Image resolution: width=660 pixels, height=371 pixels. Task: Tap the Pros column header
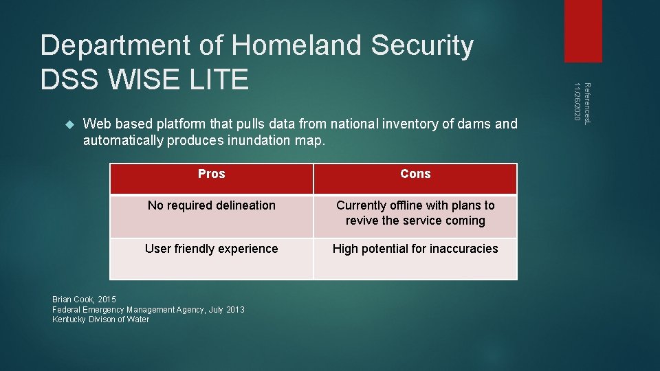pos(211,175)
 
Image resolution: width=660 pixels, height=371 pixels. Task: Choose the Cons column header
pos(415,175)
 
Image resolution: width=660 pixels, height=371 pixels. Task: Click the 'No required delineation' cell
pos(211,205)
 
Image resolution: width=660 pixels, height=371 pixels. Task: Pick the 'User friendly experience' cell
pos(211,249)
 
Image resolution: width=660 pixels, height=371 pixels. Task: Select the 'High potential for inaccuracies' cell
pos(415,249)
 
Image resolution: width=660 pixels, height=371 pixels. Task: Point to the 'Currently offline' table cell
pos(415,213)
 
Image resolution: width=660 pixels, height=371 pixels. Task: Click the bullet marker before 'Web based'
pos(68,124)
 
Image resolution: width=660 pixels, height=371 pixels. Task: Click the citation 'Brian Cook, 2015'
pos(85,300)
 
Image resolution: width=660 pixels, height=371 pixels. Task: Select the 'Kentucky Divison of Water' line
pos(100,319)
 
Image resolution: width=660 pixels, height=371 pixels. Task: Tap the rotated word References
pos(586,104)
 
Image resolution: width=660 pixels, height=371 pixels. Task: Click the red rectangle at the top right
pos(582,30)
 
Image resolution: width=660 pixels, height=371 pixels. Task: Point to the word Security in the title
pos(422,46)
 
